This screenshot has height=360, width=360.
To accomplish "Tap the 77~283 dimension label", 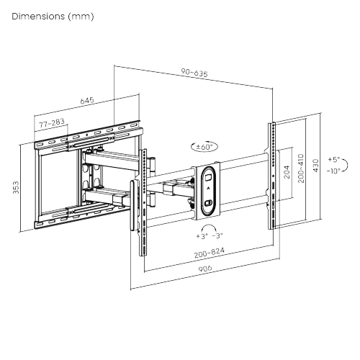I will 51,124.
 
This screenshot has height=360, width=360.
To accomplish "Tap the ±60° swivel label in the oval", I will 204,146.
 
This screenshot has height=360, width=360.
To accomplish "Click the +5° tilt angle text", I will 333,159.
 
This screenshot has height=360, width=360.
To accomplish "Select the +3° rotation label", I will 200,235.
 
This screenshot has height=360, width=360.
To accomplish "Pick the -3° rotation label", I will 217,235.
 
